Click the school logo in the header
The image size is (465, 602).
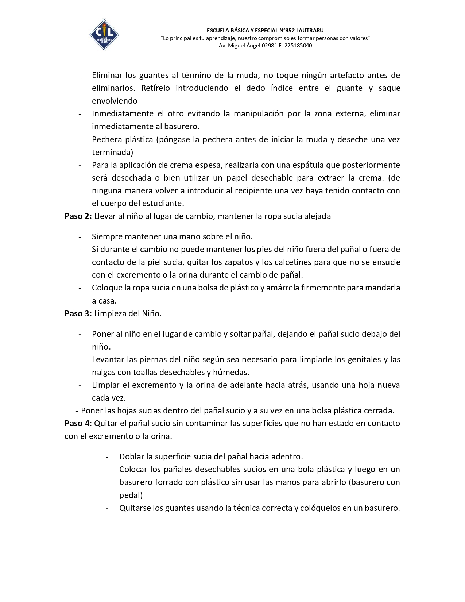click(104, 35)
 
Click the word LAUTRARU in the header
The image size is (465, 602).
click(310, 31)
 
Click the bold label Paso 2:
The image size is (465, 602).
click(78, 216)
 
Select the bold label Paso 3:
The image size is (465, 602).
click(78, 313)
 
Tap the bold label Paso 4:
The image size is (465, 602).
click(78, 423)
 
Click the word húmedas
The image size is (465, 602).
click(231, 372)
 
